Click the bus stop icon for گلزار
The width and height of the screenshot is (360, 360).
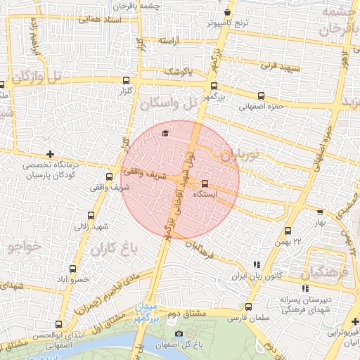tap(126, 79)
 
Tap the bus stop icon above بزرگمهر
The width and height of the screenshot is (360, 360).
tap(213, 86)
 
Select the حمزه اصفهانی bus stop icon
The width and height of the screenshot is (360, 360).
tap(261, 96)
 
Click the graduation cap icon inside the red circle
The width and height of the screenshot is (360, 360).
tap(165, 133)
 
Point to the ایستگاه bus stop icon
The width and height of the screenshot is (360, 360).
tap(205, 184)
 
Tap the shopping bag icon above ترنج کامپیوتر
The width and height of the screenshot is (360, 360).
tap(227, 13)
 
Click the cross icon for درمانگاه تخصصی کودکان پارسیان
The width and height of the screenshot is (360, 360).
tap(49, 153)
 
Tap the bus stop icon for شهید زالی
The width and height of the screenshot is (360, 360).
tap(91, 215)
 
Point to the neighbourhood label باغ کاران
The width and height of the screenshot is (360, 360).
tap(108, 248)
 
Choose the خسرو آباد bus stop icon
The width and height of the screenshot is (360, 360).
tap(73, 269)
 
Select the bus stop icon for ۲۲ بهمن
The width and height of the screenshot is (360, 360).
tap(288, 231)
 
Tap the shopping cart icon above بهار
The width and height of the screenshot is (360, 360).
tap(321, 211)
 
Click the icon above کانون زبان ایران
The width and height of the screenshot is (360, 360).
tap(256, 265)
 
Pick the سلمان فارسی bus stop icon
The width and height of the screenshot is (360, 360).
tap(248, 307)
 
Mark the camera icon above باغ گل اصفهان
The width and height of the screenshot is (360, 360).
tap(179, 333)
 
